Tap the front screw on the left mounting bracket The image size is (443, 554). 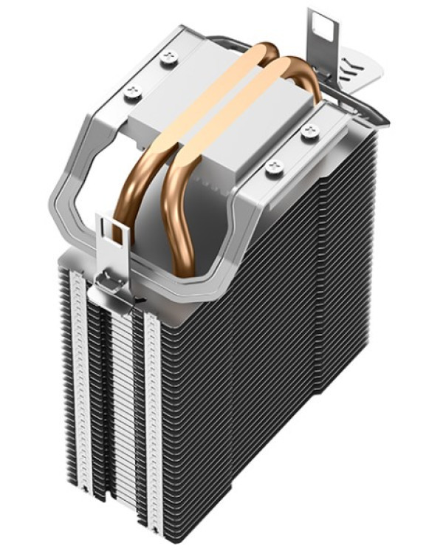coord(134,91)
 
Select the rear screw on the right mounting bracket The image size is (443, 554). coord(306,133)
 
